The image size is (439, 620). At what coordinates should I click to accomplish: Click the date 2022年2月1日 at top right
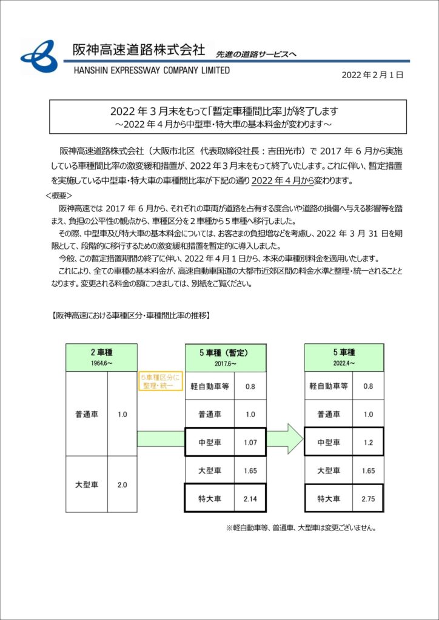(x=372, y=75)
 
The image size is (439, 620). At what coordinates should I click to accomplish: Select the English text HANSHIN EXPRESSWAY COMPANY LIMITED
(x=152, y=70)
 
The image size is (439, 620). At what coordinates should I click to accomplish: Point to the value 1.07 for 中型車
(x=250, y=442)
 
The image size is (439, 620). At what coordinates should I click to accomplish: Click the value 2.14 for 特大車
(x=250, y=498)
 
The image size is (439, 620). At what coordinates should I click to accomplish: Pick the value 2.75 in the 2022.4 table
(x=367, y=498)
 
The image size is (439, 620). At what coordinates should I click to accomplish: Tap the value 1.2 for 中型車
(x=367, y=442)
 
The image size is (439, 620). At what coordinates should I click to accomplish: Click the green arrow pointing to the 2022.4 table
(x=285, y=438)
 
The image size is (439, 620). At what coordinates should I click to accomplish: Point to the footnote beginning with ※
(x=301, y=527)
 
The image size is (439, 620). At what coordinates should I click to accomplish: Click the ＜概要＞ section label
(x=59, y=196)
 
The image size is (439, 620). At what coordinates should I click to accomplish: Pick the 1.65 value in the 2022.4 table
(x=367, y=470)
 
